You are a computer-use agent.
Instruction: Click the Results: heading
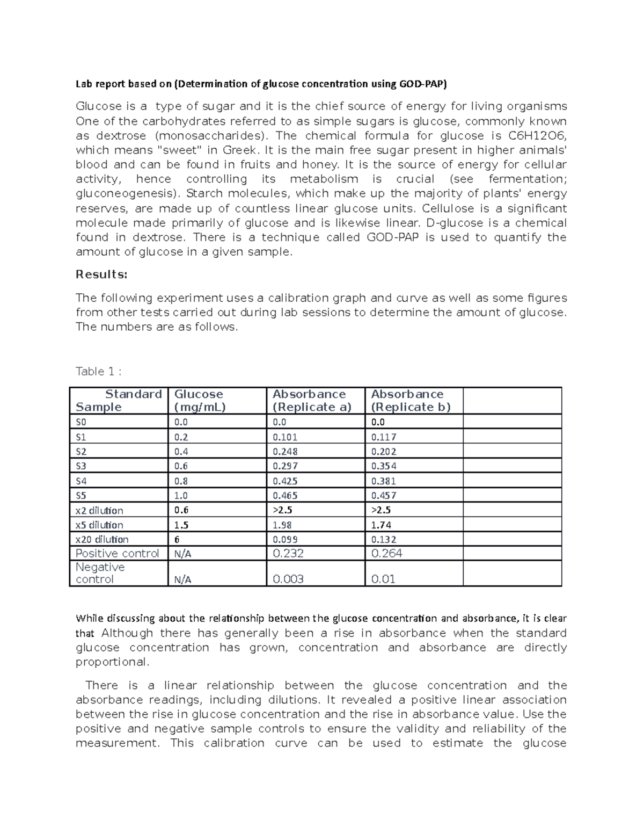click(x=101, y=274)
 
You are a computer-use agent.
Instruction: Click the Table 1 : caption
click(x=99, y=371)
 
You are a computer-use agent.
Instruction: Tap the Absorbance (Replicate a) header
click(x=312, y=401)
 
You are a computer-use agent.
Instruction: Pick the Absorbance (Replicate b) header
click(x=410, y=401)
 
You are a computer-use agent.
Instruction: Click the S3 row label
click(x=81, y=466)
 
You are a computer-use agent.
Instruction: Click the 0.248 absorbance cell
click(x=285, y=452)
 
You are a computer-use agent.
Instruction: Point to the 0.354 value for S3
click(x=384, y=466)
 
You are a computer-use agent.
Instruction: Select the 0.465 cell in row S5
click(x=285, y=496)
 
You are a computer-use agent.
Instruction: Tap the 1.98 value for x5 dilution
click(x=282, y=525)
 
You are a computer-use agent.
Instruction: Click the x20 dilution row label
click(x=102, y=540)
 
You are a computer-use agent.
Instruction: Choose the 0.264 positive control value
click(x=386, y=553)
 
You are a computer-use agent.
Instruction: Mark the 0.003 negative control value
click(x=288, y=579)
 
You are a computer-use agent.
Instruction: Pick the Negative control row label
click(x=100, y=573)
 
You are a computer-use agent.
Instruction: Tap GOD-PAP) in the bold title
click(x=422, y=84)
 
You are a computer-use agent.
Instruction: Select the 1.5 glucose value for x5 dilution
click(x=181, y=525)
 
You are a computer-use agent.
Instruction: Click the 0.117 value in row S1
click(x=384, y=437)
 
